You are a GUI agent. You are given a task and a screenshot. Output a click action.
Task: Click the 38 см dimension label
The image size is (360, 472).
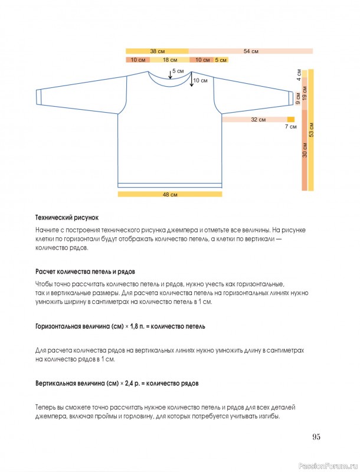(x=157, y=51)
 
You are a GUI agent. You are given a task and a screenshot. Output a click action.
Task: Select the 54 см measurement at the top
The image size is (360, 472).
(x=251, y=51)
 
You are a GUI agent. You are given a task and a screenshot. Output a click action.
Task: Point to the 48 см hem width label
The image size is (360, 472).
(x=170, y=194)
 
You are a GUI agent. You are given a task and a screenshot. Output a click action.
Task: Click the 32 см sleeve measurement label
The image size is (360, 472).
(x=258, y=120)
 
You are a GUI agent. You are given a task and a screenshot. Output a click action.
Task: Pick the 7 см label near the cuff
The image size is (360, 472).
(x=291, y=126)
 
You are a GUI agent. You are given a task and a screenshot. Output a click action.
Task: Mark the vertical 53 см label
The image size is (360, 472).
(x=311, y=130)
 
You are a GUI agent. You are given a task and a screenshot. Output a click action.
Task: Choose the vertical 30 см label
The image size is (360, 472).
(x=305, y=150)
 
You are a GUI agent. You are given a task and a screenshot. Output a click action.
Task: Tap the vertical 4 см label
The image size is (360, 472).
(x=299, y=75)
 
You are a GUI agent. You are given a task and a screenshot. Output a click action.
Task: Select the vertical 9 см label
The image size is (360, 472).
(x=298, y=99)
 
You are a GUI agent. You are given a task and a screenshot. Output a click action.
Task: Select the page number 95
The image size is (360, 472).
(x=316, y=437)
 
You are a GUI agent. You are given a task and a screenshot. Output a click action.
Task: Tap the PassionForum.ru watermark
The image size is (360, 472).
(x=328, y=465)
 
